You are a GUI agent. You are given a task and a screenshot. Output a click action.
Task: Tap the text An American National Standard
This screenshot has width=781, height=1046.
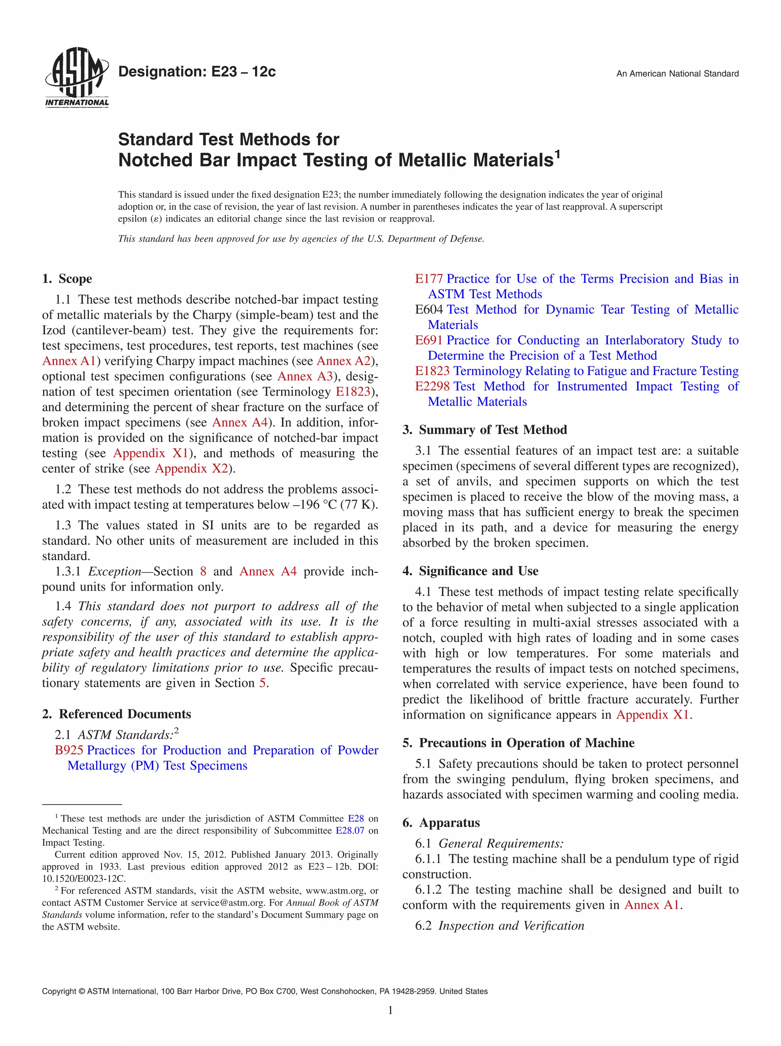677,74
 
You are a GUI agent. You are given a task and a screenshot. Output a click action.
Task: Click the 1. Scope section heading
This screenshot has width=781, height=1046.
67,279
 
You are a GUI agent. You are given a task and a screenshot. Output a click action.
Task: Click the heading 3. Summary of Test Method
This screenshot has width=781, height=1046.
484,430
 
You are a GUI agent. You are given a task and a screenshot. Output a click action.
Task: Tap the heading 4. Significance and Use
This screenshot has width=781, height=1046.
470,571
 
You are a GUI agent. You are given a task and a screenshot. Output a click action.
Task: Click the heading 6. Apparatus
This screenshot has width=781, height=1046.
441,823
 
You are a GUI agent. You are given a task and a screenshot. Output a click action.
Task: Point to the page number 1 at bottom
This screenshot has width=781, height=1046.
390,1011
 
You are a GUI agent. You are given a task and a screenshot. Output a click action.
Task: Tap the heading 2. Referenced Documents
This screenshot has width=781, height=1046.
117,714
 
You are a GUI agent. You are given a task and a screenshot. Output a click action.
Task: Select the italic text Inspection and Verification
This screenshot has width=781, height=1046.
511,925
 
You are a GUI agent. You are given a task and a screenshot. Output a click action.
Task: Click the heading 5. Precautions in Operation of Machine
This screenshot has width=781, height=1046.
518,743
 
